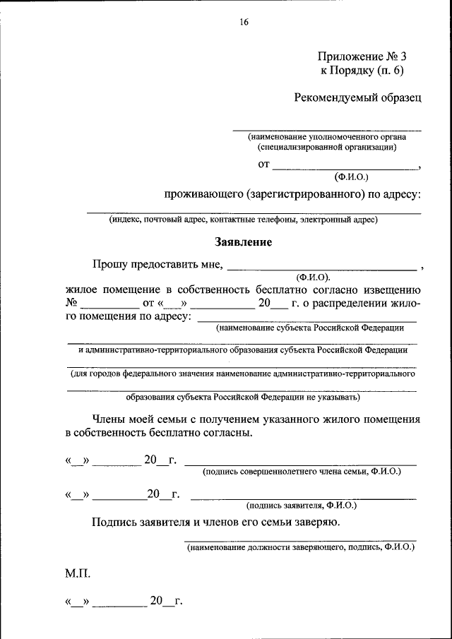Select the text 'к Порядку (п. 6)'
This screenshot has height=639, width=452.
[362, 70]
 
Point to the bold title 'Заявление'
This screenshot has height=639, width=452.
[243, 241]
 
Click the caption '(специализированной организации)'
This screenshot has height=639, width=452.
[326, 148]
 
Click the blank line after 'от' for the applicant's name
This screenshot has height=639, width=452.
[345, 167]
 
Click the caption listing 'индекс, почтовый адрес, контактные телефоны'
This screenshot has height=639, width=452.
[243, 220]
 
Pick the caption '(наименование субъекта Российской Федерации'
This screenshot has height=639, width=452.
[310, 328]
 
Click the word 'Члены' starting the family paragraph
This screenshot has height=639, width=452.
[110, 419]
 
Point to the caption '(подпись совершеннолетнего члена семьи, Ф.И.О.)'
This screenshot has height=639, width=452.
[302, 471]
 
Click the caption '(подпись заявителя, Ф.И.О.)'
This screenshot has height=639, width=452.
[302, 505]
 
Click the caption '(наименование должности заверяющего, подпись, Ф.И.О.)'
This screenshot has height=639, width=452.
[300, 547]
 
